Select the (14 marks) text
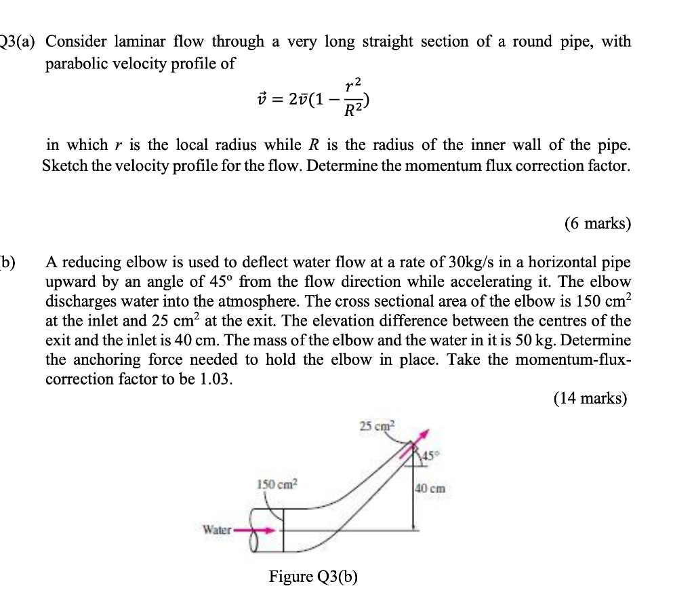590,398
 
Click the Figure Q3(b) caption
313,577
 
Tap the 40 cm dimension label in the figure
430,487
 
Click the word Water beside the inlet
217,530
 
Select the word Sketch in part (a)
66,166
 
